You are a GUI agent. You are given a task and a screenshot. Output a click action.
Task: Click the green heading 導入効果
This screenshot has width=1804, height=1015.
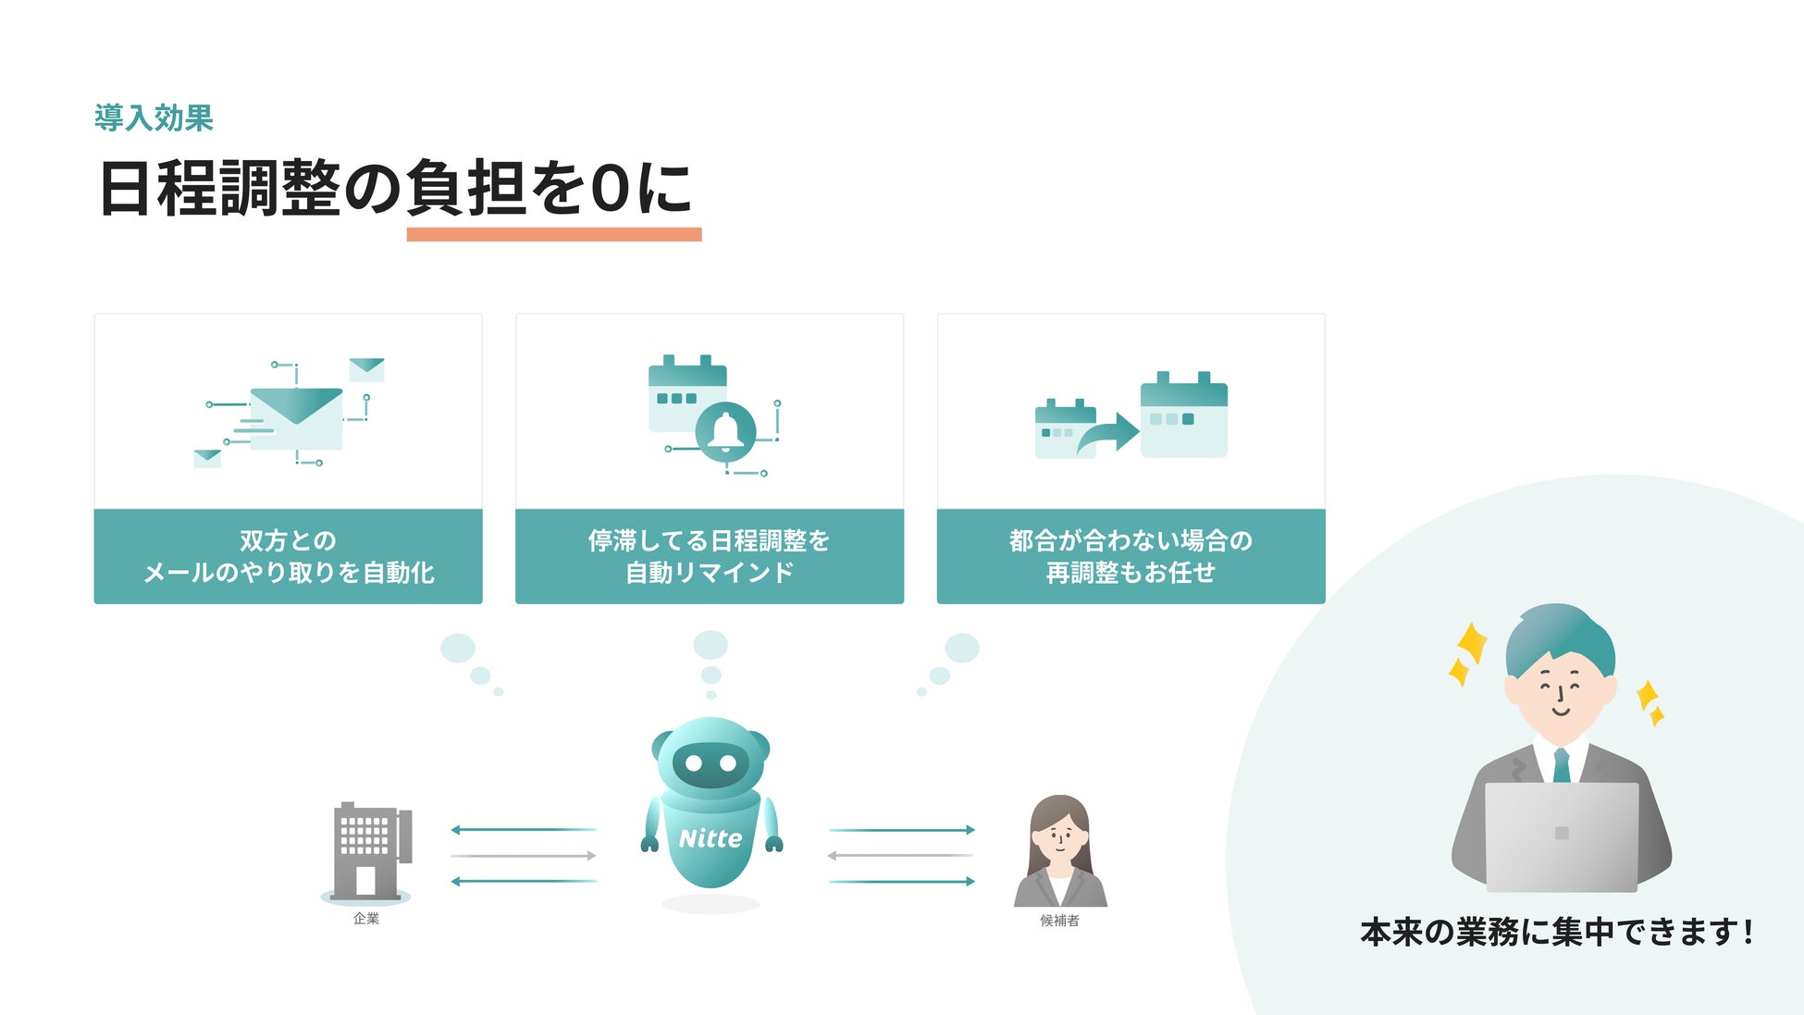(154, 118)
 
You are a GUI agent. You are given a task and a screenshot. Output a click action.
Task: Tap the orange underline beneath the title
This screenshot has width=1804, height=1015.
(553, 235)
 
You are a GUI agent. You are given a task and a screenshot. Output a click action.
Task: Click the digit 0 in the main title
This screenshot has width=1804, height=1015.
(611, 189)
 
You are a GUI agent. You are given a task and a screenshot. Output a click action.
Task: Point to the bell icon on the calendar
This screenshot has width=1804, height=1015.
(725, 431)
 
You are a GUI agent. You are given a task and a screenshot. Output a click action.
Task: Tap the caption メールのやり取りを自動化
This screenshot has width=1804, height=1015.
(289, 573)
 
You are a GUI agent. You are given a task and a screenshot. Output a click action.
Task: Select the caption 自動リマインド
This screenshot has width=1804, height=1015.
(710, 573)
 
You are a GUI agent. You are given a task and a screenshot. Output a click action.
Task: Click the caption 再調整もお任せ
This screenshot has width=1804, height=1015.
(1131, 573)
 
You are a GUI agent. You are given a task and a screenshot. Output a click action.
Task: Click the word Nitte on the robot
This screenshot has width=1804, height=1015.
(710, 838)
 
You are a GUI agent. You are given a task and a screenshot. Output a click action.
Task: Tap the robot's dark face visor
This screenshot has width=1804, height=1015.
(710, 764)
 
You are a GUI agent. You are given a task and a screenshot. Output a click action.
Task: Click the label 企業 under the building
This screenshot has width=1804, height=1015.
(366, 919)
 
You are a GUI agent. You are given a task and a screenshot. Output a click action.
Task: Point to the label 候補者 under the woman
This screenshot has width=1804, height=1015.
(1059, 921)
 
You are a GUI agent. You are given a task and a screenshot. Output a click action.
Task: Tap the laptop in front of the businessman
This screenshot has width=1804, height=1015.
(1562, 836)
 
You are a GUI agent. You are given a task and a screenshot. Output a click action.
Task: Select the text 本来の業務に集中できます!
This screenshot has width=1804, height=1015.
(1557, 932)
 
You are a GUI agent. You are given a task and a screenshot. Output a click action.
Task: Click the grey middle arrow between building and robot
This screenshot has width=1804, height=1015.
(524, 856)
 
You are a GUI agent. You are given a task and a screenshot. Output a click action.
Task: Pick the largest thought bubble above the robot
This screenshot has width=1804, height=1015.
(710, 645)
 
